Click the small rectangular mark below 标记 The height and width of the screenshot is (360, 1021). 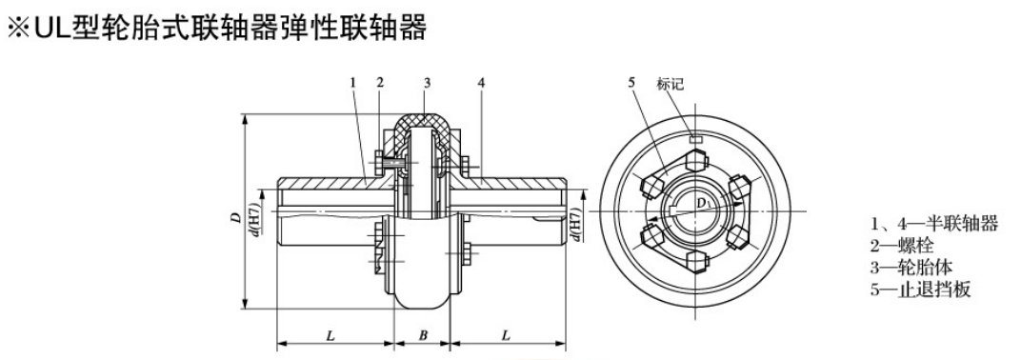(x=696, y=139)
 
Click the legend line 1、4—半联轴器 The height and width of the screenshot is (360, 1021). (x=934, y=225)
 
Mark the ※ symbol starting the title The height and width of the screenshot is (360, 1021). (x=19, y=29)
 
